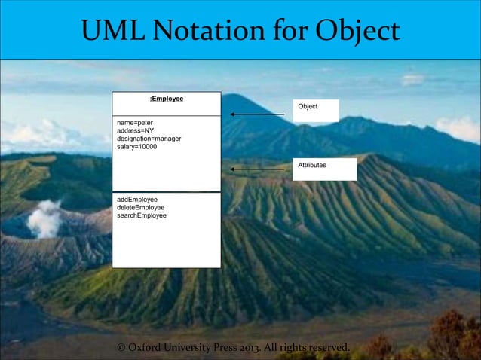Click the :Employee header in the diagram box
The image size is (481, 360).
167,99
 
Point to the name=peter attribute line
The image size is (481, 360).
135,122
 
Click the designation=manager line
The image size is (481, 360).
149,139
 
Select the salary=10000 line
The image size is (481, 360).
137,147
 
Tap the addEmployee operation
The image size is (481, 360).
137,200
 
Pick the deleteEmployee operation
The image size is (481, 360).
141,207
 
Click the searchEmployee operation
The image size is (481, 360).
142,215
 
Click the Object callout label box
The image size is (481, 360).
316,110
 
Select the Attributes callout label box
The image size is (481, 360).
325,169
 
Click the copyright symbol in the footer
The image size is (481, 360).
121,348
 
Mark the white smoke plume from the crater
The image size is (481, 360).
47,218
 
